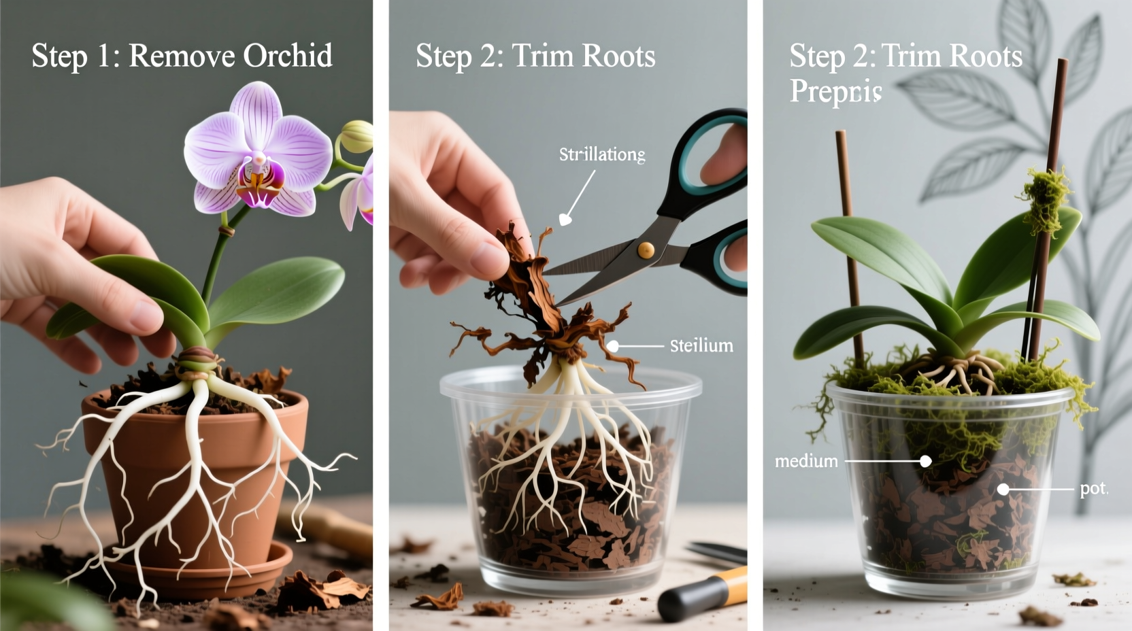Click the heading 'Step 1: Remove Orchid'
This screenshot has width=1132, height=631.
click(182, 56)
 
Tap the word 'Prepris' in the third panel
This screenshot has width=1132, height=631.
click(835, 92)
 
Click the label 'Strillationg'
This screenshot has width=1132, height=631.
click(602, 155)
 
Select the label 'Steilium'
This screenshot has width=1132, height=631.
click(701, 346)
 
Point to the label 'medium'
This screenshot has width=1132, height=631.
click(806, 462)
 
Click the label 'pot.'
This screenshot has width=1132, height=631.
click(1094, 489)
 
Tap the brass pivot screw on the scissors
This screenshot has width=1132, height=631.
click(645, 250)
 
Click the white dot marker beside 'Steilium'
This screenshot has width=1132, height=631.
click(612, 346)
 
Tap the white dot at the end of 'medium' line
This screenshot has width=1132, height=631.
click(925, 461)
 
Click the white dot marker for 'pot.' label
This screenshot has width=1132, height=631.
click(1003, 489)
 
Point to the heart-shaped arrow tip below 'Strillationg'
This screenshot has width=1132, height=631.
click(565, 220)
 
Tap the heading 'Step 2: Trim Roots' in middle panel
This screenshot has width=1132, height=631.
click(535, 56)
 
